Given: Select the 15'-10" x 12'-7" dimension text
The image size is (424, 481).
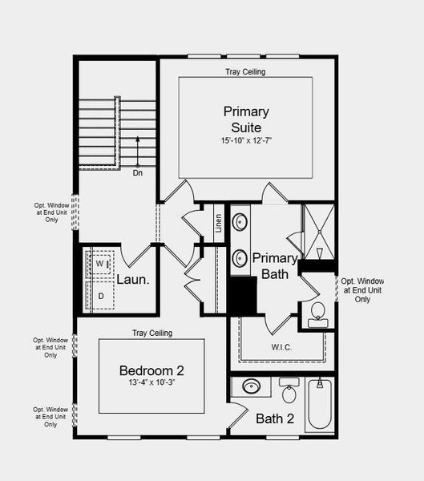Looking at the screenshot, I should [x=246, y=141].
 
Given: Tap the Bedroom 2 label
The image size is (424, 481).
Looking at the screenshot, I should [x=151, y=370].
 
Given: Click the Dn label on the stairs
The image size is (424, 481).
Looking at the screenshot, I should [x=137, y=172].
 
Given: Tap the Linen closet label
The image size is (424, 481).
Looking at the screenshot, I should [x=218, y=223].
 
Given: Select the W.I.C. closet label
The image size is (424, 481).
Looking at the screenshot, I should [x=282, y=347].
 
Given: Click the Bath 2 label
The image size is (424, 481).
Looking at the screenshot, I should [x=275, y=418].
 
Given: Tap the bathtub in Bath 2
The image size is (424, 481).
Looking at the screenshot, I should [x=319, y=406].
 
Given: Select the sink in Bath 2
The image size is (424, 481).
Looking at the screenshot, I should [x=252, y=387].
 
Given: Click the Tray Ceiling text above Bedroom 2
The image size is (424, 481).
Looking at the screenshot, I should [x=151, y=333].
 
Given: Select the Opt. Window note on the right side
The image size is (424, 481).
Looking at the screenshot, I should [x=363, y=289].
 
